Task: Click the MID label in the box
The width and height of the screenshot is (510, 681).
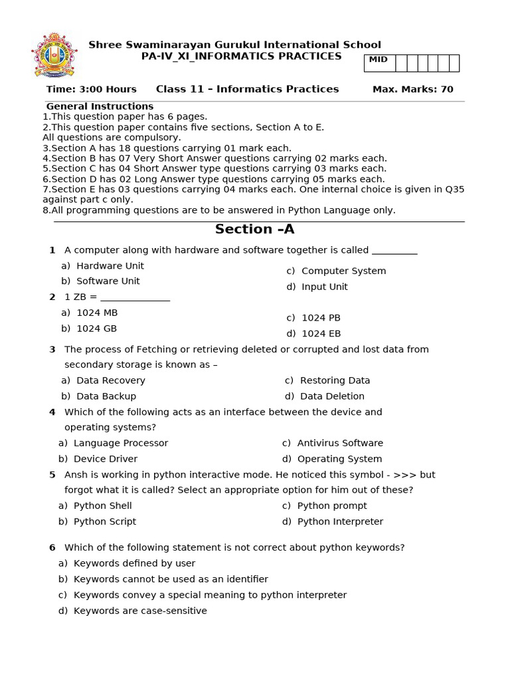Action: click(378, 60)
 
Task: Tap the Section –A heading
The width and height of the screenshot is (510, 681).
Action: click(254, 229)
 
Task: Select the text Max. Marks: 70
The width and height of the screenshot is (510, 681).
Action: click(412, 89)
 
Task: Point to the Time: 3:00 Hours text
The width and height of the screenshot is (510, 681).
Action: click(91, 89)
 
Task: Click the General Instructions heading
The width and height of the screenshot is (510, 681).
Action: click(100, 106)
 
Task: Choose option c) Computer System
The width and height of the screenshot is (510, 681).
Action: click(336, 271)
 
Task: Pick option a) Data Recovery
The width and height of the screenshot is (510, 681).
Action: click(103, 380)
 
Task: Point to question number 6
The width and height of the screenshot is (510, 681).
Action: click(52, 548)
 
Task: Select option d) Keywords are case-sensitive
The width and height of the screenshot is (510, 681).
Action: click(133, 611)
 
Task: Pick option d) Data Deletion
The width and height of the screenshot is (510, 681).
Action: click(325, 396)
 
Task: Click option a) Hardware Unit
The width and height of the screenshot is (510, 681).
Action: click(102, 266)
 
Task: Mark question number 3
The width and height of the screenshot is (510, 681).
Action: click(52, 350)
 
